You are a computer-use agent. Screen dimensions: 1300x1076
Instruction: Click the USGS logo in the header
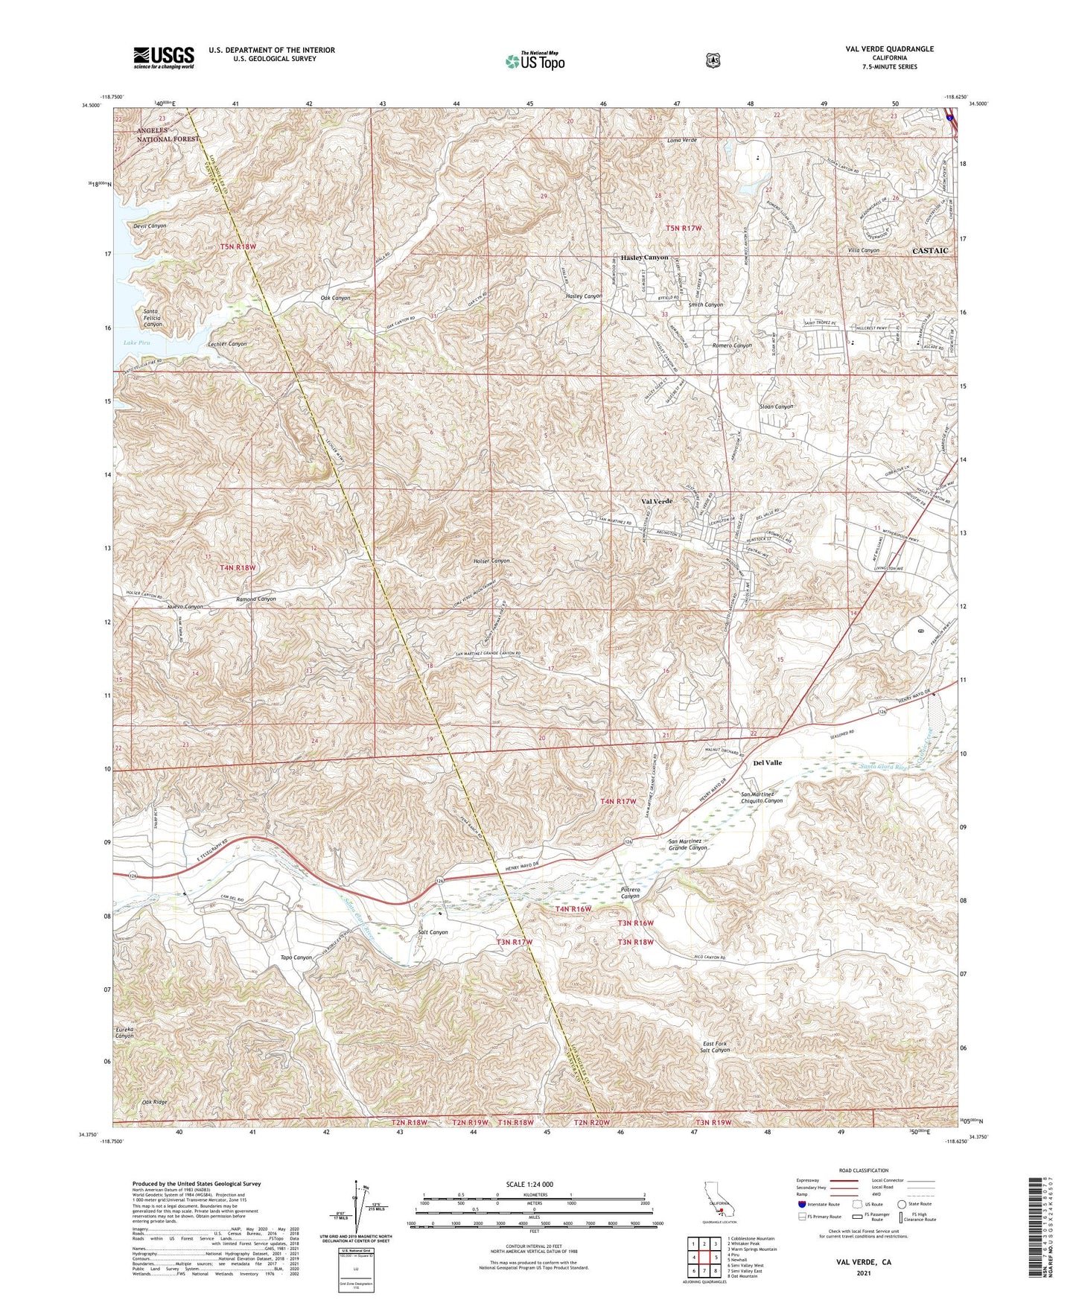(x=164, y=57)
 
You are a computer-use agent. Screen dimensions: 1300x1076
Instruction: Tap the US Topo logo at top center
(x=534, y=61)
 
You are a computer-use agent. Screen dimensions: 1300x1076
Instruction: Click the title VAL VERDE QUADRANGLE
(x=889, y=49)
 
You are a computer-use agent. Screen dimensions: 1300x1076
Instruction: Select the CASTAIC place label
(x=930, y=251)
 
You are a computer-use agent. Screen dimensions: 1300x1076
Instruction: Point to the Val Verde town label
(x=657, y=501)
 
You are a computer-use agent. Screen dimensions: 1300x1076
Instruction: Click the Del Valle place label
(x=767, y=763)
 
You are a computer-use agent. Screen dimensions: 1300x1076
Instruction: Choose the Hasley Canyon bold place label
(x=644, y=258)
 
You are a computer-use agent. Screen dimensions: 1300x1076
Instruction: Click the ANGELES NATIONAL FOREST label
(x=168, y=135)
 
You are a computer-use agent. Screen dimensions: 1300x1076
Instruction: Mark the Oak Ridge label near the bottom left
(x=155, y=1102)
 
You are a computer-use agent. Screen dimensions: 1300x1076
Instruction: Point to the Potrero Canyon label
(x=630, y=893)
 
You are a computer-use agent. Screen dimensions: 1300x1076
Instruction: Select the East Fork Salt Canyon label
(x=716, y=1047)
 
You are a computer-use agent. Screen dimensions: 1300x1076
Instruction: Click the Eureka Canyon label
(x=124, y=1032)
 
